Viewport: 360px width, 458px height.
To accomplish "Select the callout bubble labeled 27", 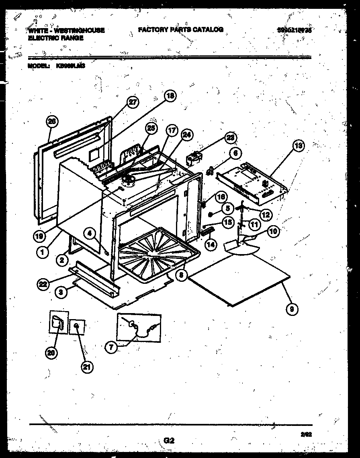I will [132, 103].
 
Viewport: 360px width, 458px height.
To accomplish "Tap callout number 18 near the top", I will [170, 96].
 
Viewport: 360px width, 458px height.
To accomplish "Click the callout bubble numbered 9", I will [292, 309].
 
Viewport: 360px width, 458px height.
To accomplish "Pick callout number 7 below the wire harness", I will [112, 347].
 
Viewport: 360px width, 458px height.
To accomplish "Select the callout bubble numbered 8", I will [182, 276].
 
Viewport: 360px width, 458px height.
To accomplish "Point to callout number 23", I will [230, 138].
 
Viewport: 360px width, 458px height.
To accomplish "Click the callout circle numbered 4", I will [90, 232].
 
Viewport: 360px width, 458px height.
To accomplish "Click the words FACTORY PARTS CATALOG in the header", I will [180, 30].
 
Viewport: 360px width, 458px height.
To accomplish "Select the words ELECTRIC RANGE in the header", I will [56, 38].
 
